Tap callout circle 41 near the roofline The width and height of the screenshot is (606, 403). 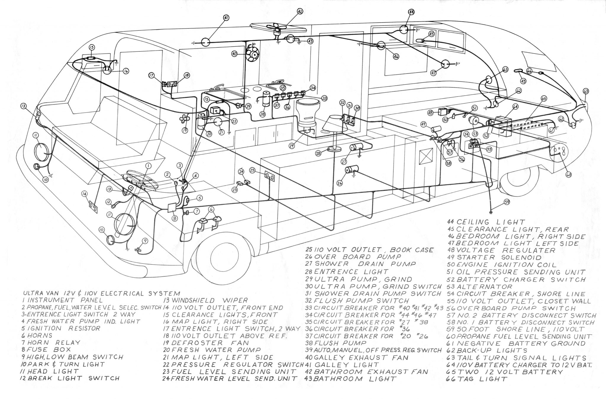pos(226,18)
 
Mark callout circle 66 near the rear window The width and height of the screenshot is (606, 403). pos(529,71)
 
